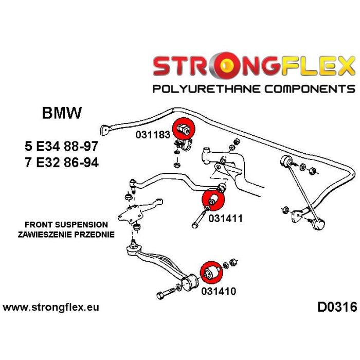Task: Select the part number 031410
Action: tap(219, 292)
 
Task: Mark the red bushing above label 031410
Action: tap(210, 272)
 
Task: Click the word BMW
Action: tap(61, 113)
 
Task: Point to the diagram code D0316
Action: tap(336, 308)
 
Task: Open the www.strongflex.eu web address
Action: tap(51, 308)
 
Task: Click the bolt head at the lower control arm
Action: tap(160, 295)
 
